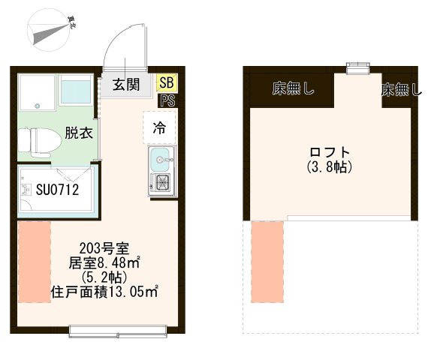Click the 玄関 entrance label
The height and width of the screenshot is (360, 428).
(x=127, y=84)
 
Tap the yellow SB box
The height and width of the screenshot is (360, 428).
(x=164, y=82)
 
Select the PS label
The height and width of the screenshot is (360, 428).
(x=167, y=100)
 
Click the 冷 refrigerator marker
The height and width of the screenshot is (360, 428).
(x=159, y=127)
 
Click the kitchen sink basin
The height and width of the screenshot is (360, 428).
(x=160, y=159)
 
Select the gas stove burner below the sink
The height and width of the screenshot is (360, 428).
(x=161, y=182)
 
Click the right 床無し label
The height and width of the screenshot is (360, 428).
(x=401, y=91)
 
